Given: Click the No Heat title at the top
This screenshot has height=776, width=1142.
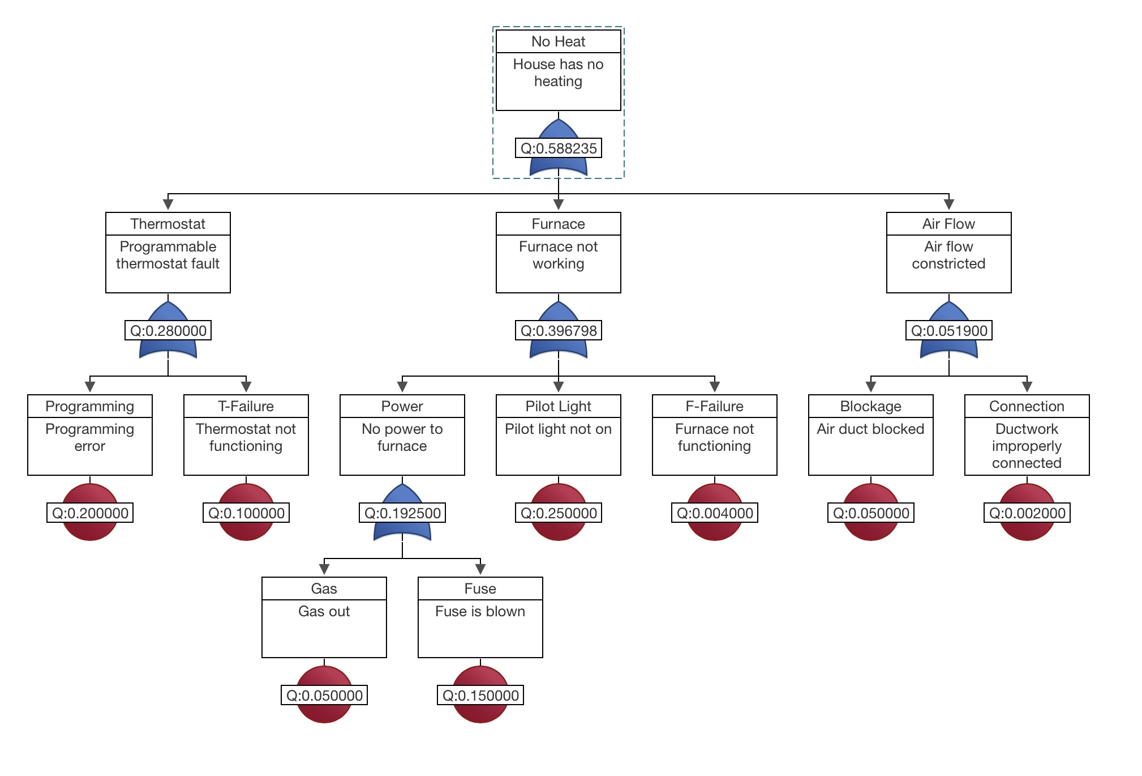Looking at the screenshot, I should pyautogui.click(x=558, y=41).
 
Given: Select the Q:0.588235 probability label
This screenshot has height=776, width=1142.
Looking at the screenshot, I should pyautogui.click(x=558, y=148).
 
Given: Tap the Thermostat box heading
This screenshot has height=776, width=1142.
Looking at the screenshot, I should pyautogui.click(x=168, y=224).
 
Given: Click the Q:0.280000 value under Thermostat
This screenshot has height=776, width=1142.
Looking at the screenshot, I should pyautogui.click(x=168, y=331).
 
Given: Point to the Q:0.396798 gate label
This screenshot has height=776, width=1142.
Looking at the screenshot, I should pyautogui.click(x=558, y=331).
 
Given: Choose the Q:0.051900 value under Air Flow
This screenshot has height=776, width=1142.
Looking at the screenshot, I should pyautogui.click(x=948, y=331).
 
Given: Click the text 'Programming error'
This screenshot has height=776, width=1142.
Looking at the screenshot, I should pyautogui.click(x=89, y=437).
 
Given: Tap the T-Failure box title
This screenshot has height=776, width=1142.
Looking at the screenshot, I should pyautogui.click(x=246, y=406).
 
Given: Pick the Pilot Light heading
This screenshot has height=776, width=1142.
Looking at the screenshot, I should pyautogui.click(x=558, y=406).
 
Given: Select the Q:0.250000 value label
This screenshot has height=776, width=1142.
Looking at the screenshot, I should pyautogui.click(x=558, y=513).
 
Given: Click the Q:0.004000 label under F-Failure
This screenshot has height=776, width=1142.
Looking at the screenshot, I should pyautogui.click(x=714, y=513).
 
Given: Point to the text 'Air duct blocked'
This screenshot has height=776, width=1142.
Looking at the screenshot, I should pyautogui.click(x=870, y=429).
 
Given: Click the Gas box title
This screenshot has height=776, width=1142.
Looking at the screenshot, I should pyautogui.click(x=324, y=589).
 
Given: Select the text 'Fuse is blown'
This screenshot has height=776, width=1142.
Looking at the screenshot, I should pyautogui.click(x=480, y=611).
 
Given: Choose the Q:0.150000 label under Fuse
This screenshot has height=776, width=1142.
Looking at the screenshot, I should pyautogui.click(x=480, y=696).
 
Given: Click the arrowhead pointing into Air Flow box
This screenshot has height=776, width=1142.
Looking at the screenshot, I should pyautogui.click(x=948, y=204).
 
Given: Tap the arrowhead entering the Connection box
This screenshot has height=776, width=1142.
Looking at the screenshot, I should pyautogui.click(x=1027, y=387).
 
